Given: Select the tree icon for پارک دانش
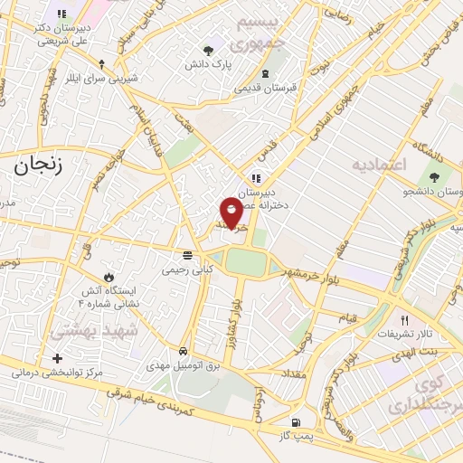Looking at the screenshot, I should click(210, 50).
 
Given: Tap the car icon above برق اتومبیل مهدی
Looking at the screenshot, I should click(184, 351).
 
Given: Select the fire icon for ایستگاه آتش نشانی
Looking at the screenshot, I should click(109, 275).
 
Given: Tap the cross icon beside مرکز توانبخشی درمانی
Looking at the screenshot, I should click(57, 359).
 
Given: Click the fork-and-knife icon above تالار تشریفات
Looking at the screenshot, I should click(404, 320).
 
